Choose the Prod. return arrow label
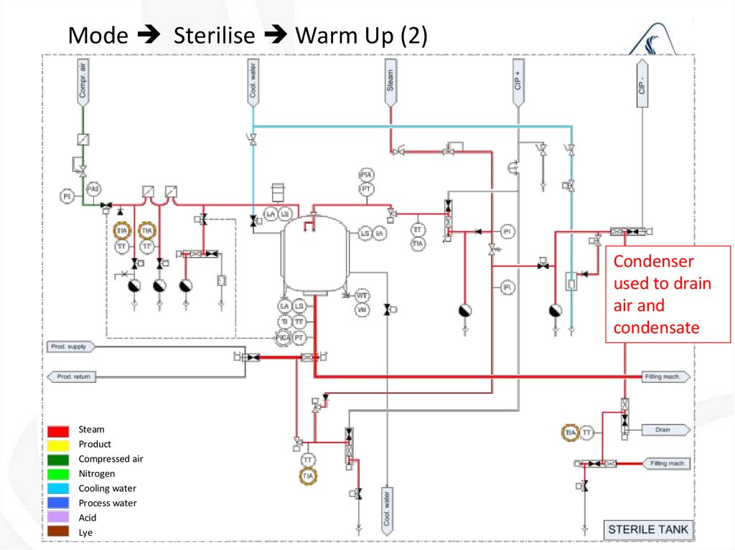point(72,376)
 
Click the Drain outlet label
point(663,430)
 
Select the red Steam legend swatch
point(59,430)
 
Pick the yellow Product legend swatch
point(59,445)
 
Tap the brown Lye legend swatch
point(59,532)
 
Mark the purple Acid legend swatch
point(59,518)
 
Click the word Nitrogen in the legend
point(97,474)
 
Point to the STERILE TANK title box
point(647,531)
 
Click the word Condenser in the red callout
point(654,262)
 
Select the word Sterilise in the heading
point(214,36)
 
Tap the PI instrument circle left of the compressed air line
point(66,195)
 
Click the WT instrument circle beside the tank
point(362,295)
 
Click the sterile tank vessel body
point(314,255)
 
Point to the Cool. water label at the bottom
point(387,510)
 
